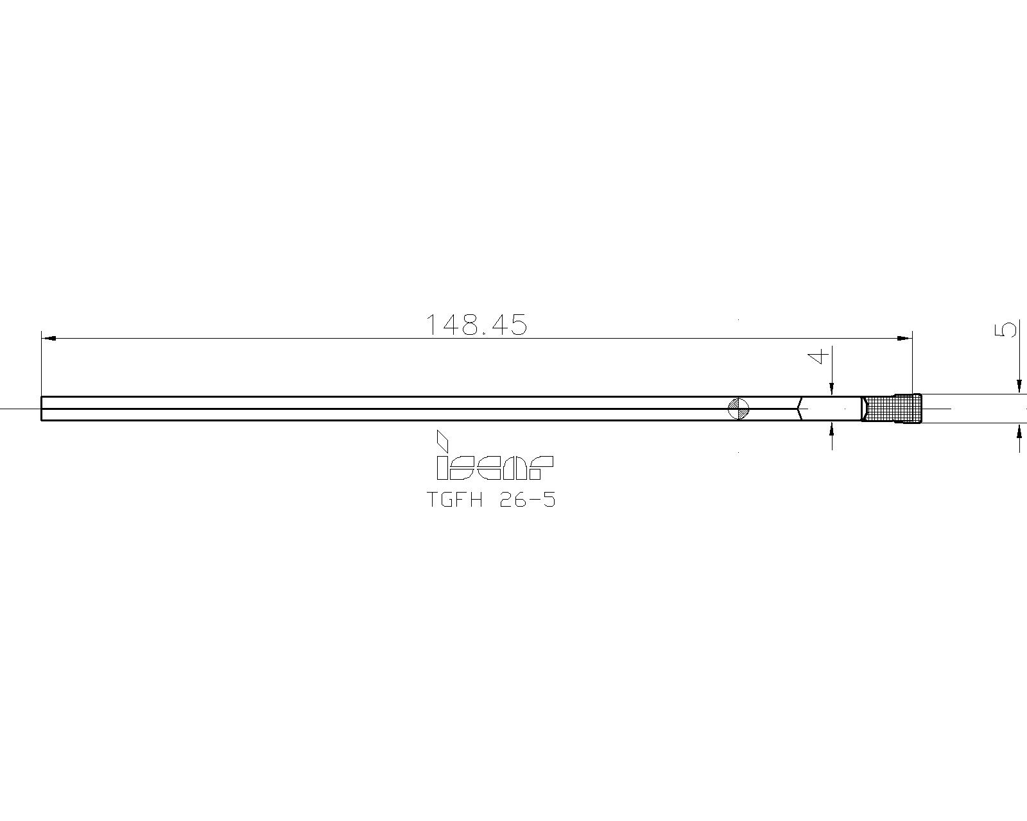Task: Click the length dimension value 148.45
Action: (x=476, y=325)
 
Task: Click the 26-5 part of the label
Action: (x=526, y=500)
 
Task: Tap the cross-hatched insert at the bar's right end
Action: (x=892, y=409)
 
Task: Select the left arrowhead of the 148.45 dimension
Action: (x=49, y=337)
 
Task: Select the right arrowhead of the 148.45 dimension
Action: (x=904, y=337)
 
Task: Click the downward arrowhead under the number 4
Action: (x=831, y=389)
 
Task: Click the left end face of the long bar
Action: (x=42, y=409)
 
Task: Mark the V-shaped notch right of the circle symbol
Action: (x=800, y=409)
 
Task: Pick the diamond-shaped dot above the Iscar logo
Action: (x=442, y=440)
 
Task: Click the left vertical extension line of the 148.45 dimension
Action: (x=42, y=366)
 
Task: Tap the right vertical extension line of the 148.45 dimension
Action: (x=912, y=366)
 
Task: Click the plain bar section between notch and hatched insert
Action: (x=831, y=409)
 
